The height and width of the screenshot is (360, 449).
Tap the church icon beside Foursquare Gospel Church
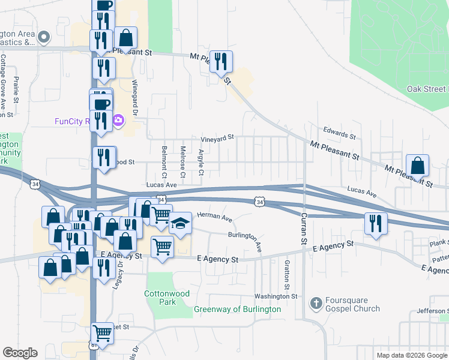pos(316,304)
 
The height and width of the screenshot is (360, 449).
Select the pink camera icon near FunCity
pos(118,121)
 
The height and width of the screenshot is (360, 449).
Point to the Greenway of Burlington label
pos(237,310)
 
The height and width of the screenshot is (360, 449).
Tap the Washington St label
pos(276,296)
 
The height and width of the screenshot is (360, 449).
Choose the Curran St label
pos(304,229)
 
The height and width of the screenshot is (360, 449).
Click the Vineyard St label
pos(217,138)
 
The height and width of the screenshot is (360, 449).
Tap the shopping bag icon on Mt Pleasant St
pos(417,166)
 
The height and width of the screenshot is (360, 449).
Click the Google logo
pos(20,353)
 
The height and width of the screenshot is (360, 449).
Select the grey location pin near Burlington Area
pos(43,37)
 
